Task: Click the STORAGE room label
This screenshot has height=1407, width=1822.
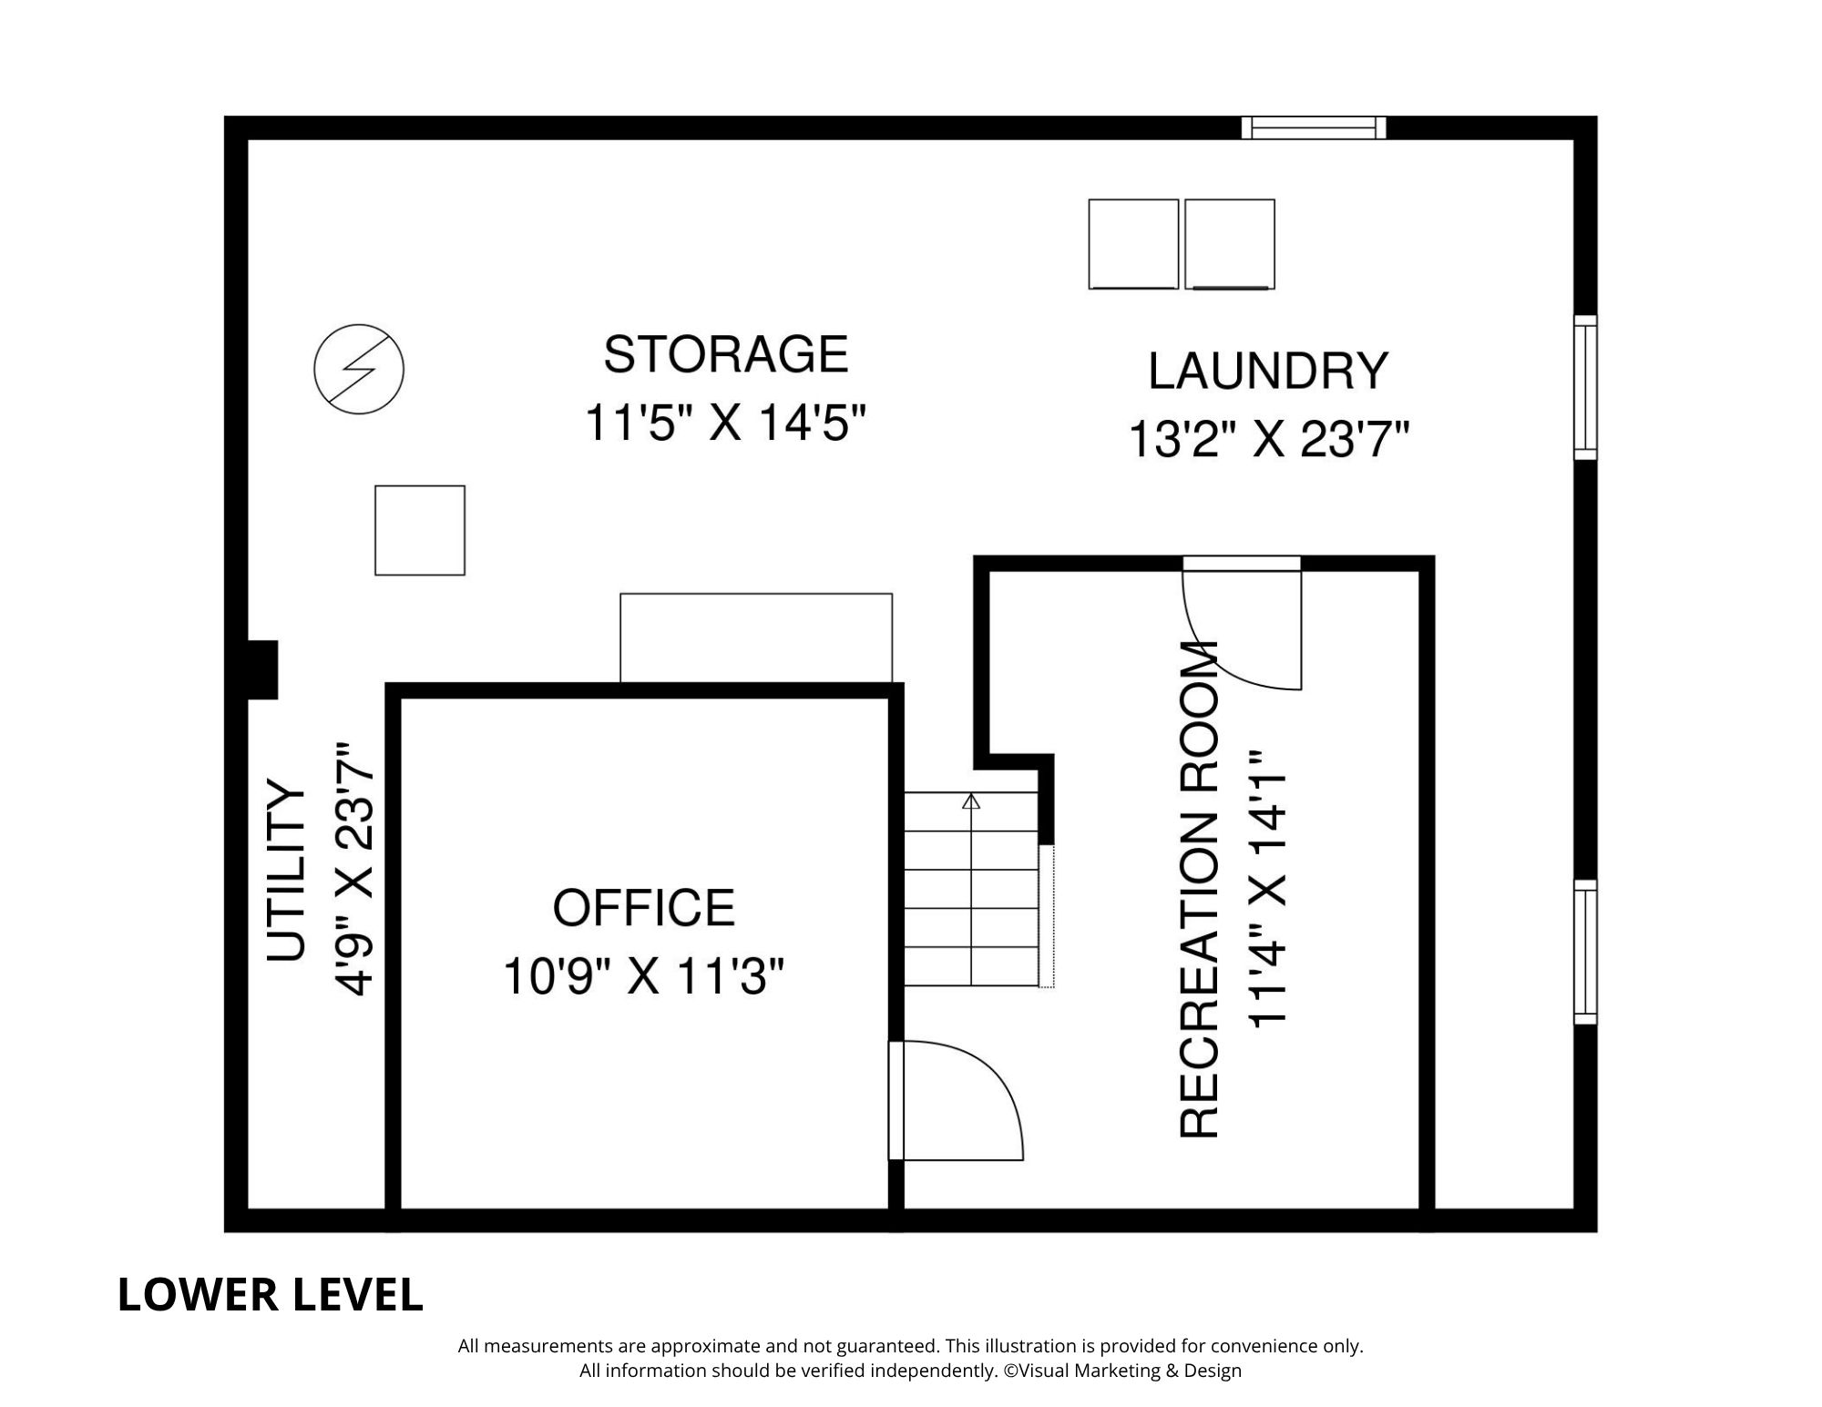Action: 725,355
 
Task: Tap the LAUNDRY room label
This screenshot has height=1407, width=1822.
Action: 1267,372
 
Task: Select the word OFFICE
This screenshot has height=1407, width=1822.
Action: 643,908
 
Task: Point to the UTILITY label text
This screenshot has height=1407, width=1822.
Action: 285,871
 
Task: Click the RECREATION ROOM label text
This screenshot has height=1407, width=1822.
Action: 1199,890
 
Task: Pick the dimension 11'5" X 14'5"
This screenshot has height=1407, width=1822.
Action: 724,423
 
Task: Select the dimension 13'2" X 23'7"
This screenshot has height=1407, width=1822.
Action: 1268,441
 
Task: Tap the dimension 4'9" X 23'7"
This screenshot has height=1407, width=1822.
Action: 355,871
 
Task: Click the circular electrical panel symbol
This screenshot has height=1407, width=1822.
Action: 359,369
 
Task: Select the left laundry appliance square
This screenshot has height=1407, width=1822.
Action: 1133,244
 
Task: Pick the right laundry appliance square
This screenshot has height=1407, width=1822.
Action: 1229,244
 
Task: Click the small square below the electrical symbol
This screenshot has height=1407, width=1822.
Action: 420,530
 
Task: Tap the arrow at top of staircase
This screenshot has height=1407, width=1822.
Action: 971,802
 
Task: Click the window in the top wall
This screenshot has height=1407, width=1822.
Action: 1314,127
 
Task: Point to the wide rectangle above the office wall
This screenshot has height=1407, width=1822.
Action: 756,637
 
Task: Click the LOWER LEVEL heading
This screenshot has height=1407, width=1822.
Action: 271,1296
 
